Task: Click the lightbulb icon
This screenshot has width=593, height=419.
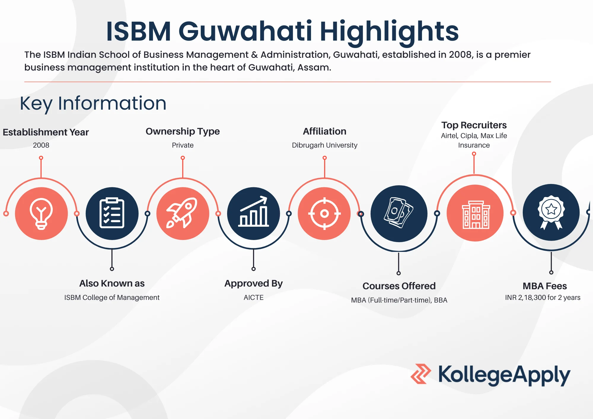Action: (41, 214)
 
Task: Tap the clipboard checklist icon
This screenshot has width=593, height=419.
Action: (112, 213)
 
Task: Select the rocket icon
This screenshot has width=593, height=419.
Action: (183, 213)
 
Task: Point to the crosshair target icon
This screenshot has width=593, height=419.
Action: (324, 213)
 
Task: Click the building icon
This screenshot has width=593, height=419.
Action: (475, 213)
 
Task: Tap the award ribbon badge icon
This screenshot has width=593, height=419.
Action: (551, 212)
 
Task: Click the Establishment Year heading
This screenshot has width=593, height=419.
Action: (46, 132)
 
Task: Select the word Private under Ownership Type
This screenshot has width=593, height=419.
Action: (183, 145)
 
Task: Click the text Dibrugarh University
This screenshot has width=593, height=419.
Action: (324, 145)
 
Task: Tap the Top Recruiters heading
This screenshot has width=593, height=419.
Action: (474, 125)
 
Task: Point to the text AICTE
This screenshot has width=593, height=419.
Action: (254, 298)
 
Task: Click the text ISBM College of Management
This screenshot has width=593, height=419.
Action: (112, 298)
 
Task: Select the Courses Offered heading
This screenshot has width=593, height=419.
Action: (399, 286)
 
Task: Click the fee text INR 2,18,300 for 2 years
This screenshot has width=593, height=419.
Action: (543, 298)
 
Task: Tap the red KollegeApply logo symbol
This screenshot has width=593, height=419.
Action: (420, 374)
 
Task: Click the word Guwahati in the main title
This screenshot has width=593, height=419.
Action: (245, 31)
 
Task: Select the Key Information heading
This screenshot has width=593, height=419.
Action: (93, 103)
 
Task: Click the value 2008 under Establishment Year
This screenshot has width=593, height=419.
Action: (41, 145)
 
